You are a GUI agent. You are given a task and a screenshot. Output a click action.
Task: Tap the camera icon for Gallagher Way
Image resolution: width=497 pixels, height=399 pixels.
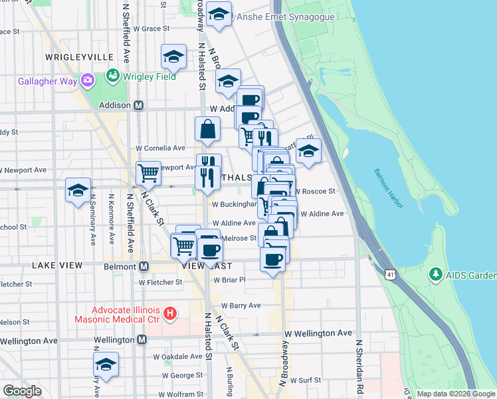click(87, 80)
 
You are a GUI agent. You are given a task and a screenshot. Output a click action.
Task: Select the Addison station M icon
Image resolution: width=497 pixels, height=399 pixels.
click(140, 105)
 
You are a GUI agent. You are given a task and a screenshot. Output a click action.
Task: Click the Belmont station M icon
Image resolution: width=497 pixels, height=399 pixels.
click(143, 266)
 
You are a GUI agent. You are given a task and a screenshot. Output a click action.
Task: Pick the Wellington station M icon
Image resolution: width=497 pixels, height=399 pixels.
click(142, 340)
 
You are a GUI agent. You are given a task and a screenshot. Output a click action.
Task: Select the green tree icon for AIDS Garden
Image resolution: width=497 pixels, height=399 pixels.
click(436, 274)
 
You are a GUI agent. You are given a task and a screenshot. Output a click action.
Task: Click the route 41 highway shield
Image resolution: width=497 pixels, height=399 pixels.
click(390, 273)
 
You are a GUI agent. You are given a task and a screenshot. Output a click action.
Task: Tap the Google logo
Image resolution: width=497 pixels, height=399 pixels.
click(22, 391)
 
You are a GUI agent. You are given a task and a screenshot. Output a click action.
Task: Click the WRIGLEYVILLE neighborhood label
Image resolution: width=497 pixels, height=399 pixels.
click(72, 58)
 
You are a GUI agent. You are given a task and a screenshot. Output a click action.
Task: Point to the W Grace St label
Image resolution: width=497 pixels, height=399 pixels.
click(152, 29)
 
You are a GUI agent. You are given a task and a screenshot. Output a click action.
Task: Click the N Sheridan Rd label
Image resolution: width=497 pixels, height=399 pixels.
click(359, 366)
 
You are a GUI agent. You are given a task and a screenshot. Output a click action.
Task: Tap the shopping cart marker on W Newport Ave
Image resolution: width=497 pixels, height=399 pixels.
click(149, 173)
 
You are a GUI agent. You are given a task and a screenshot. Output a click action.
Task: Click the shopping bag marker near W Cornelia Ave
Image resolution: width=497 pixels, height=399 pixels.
click(207, 129)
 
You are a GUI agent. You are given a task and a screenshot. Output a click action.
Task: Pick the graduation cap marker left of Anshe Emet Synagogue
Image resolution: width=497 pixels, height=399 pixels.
click(218, 15)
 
